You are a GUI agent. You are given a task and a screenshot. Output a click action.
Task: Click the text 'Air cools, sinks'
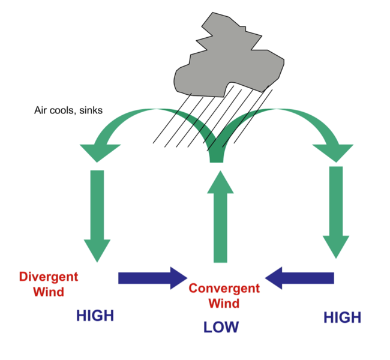68,111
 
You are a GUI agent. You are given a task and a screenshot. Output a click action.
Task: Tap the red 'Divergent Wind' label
49,284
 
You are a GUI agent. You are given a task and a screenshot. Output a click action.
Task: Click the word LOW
221,327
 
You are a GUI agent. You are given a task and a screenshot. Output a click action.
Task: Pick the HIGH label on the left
95,316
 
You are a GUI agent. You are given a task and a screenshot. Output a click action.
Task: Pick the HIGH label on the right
343,317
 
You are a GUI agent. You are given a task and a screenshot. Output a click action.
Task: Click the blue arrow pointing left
299,277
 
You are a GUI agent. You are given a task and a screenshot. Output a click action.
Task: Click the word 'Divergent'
49,277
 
